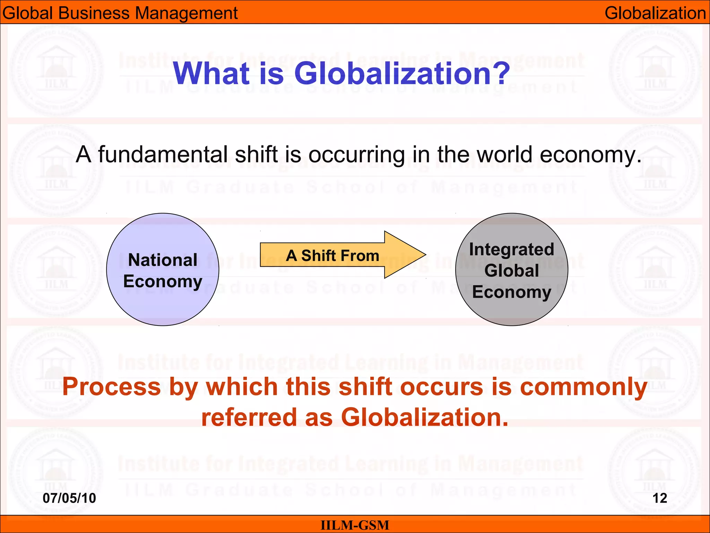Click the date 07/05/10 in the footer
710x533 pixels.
click(x=69, y=498)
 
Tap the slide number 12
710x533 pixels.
click(x=660, y=498)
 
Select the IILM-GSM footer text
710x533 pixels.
click(x=355, y=525)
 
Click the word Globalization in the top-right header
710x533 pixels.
click(x=655, y=13)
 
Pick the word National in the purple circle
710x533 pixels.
click(x=163, y=260)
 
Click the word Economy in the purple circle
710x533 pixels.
click(x=163, y=281)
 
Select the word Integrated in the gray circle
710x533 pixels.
click(x=512, y=249)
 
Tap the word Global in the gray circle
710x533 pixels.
click(x=512, y=270)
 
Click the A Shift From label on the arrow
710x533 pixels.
click(x=332, y=256)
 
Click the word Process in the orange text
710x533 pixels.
click(x=112, y=387)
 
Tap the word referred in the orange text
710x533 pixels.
click(x=249, y=417)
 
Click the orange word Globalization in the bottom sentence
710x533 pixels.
click(x=424, y=417)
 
